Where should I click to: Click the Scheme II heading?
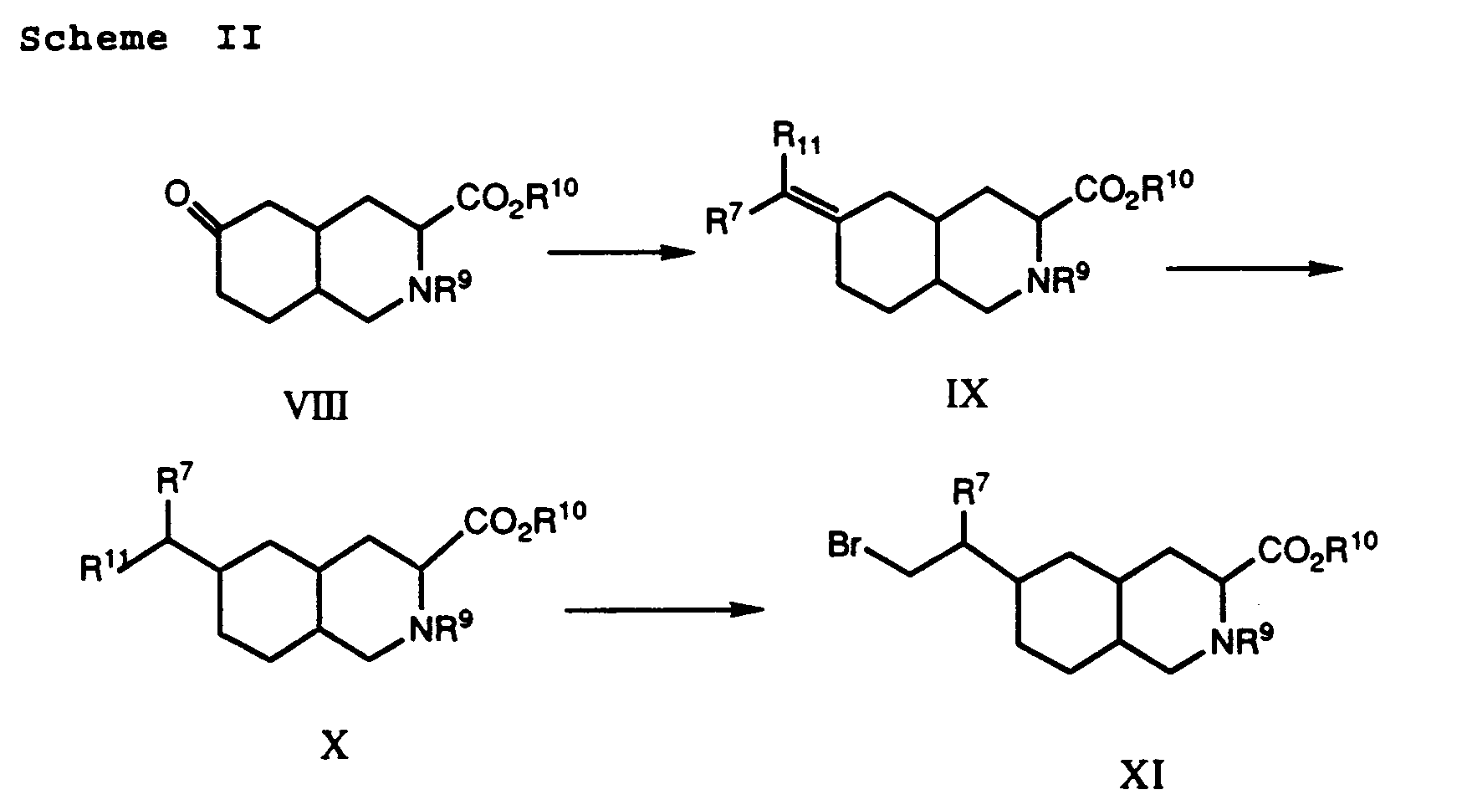(141, 38)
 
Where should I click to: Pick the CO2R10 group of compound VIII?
(516, 198)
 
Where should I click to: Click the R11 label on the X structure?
(101, 568)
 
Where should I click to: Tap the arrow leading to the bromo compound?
(665, 610)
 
